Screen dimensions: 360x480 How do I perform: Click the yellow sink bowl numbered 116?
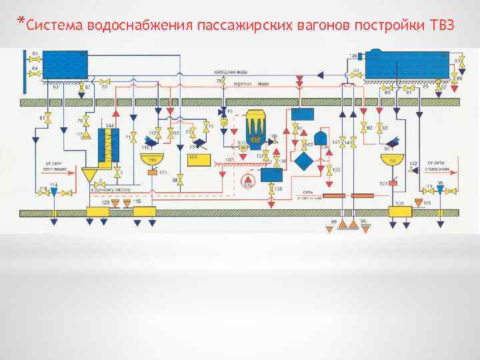tap(152, 160)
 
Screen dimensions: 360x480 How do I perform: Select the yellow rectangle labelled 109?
tap(198, 160)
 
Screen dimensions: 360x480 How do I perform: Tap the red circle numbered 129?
tap(248, 179)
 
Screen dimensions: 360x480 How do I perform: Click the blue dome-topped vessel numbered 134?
tap(321, 138)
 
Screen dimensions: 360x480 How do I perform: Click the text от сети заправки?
tap(55, 165)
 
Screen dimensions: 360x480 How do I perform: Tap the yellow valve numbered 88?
tap(179, 180)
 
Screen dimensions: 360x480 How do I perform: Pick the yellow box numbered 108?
tap(400, 212)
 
